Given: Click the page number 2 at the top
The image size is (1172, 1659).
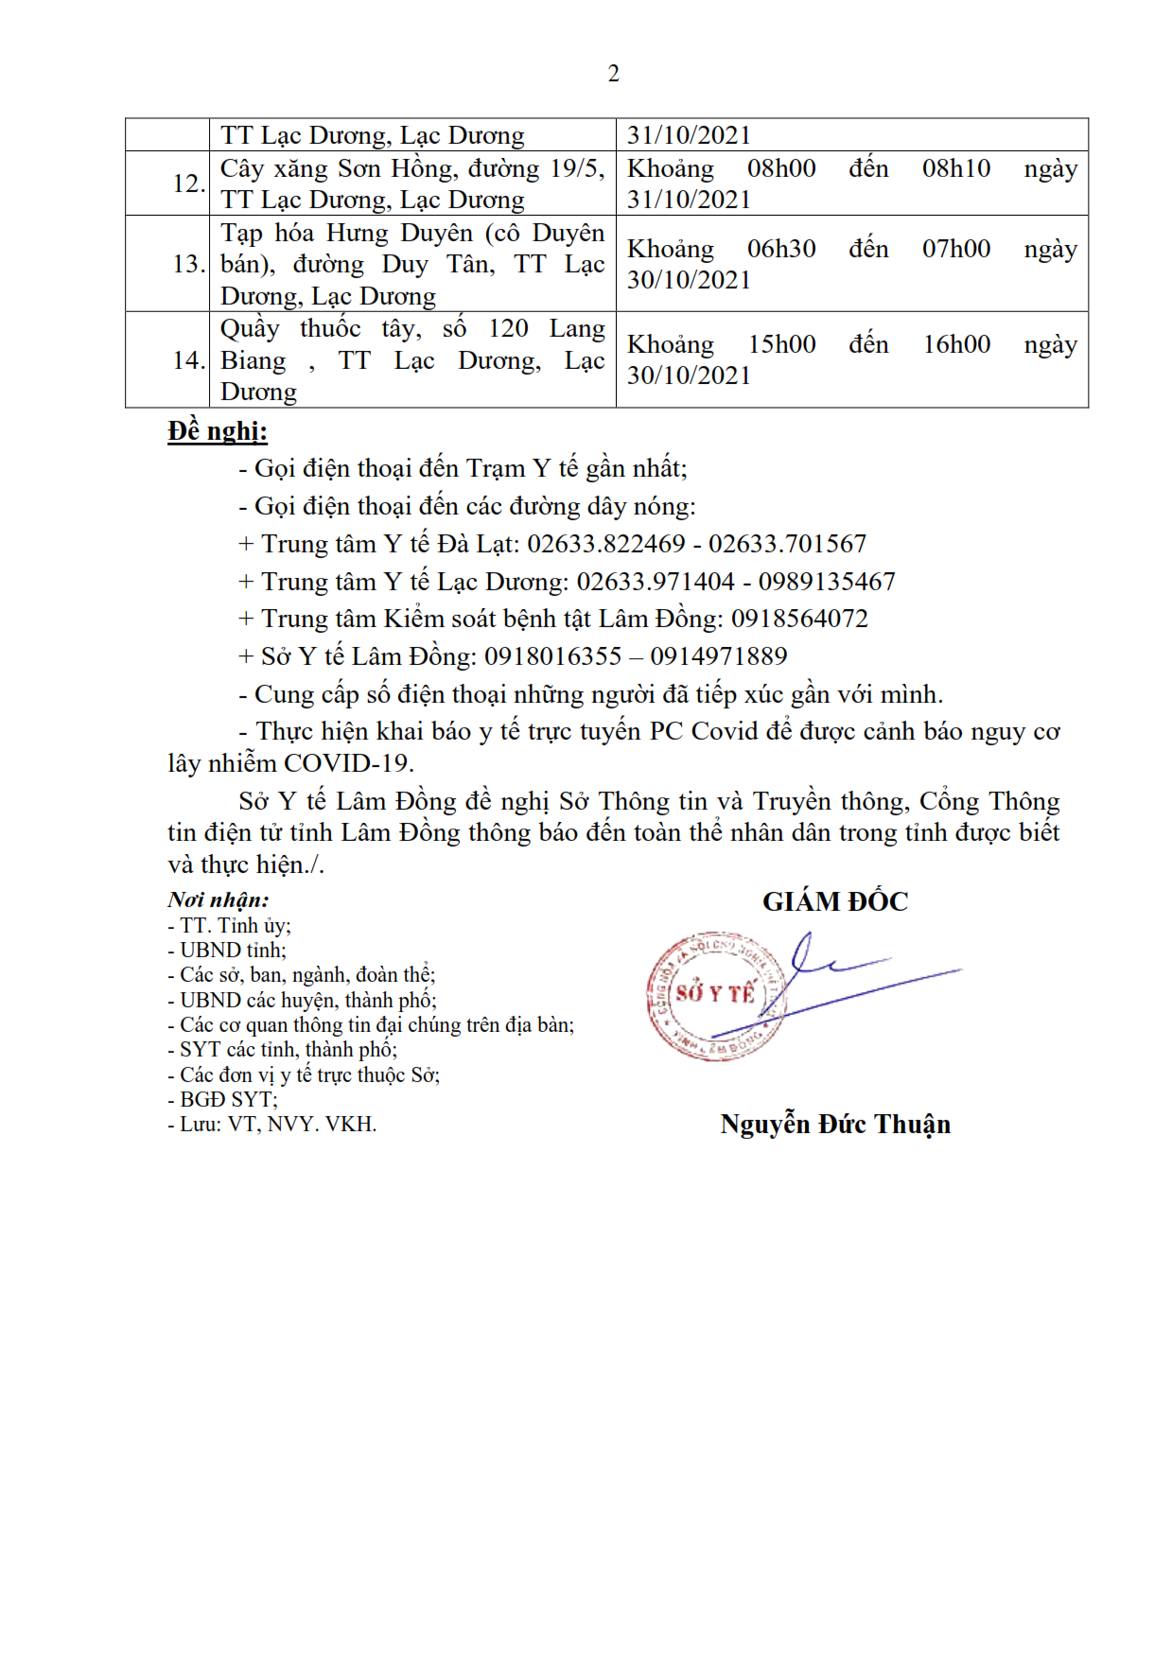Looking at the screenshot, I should (x=613, y=74).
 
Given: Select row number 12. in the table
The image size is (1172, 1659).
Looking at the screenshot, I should (x=188, y=183).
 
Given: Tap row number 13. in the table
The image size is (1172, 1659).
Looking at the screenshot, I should (x=188, y=264).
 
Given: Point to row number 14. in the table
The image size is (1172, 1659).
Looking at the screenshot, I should (x=188, y=360).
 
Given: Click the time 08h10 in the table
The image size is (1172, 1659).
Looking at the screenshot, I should (x=956, y=168).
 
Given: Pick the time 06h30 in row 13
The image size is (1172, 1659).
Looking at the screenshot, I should (x=781, y=249).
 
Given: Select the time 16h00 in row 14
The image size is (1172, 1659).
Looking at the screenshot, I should (x=956, y=344).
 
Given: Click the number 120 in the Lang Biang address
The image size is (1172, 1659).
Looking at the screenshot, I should (x=508, y=328).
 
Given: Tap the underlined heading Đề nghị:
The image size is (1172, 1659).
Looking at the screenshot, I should (x=218, y=431).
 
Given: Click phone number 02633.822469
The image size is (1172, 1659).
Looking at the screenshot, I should (x=605, y=544).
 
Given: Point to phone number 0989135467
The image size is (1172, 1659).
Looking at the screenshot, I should (x=827, y=582).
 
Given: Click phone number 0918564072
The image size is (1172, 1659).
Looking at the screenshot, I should (x=799, y=619).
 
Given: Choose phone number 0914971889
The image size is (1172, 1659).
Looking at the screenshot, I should (x=719, y=656).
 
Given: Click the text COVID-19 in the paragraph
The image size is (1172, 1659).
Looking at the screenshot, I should (x=348, y=763).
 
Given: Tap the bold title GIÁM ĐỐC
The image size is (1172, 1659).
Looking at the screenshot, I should (x=835, y=901).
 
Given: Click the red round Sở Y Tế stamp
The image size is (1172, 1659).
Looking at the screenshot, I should (x=715, y=995).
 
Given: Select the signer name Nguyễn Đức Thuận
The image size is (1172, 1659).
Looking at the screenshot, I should (x=835, y=1124).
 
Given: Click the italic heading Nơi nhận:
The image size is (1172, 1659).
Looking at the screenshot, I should (x=219, y=899).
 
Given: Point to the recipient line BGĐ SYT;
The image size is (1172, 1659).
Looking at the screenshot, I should (x=222, y=1099).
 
